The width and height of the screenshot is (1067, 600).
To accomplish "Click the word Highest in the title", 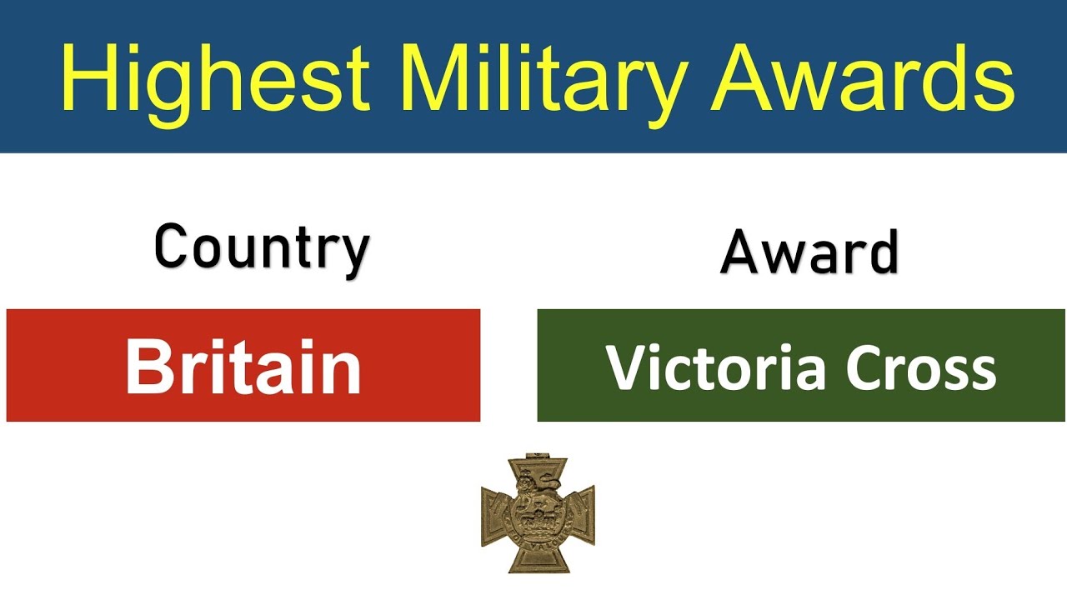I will [215, 79].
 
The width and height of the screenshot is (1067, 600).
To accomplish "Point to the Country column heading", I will [262, 248].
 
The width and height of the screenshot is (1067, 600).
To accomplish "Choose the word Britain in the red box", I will [243, 367].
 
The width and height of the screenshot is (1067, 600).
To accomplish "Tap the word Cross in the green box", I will [921, 367].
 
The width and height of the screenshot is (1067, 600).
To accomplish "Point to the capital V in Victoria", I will [624, 367].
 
